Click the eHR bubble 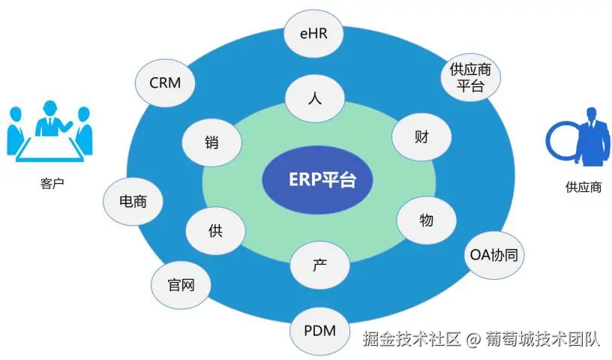coord(315,34)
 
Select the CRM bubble coord(166,83)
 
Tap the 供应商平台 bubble coord(470,77)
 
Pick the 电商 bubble coord(133,202)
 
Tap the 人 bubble coord(315,100)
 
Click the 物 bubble coord(426,220)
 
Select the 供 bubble coord(215,230)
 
